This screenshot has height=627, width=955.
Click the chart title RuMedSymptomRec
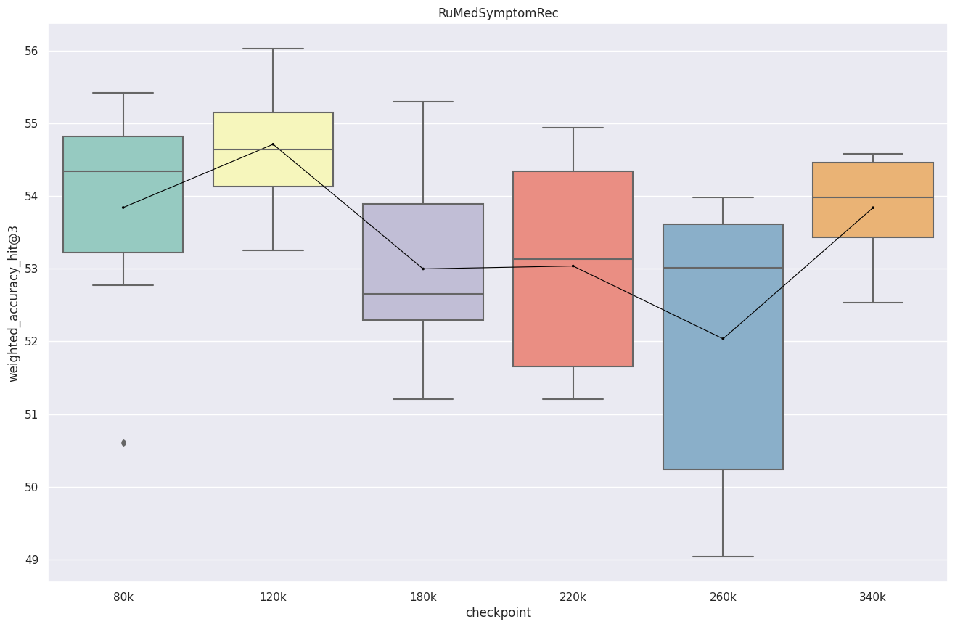(x=498, y=13)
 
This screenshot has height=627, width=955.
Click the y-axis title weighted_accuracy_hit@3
(x=13, y=303)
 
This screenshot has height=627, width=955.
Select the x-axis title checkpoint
(x=498, y=613)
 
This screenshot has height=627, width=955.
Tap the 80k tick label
(x=123, y=597)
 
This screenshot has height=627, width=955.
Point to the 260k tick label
(x=723, y=597)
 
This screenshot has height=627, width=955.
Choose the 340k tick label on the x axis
(x=872, y=597)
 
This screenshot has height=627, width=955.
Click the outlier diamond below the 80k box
(x=123, y=443)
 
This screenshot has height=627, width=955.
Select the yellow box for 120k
(x=273, y=131)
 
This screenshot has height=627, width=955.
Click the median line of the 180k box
(x=423, y=294)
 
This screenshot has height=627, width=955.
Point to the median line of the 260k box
(x=723, y=268)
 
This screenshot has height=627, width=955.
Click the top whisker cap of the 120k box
(x=273, y=49)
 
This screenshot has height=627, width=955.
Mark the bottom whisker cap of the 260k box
(x=723, y=557)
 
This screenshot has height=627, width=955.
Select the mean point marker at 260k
(x=723, y=339)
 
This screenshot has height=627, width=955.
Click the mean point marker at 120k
(x=273, y=144)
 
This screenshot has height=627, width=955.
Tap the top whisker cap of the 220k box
(x=573, y=128)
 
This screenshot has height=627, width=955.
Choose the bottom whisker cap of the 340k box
(x=872, y=303)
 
